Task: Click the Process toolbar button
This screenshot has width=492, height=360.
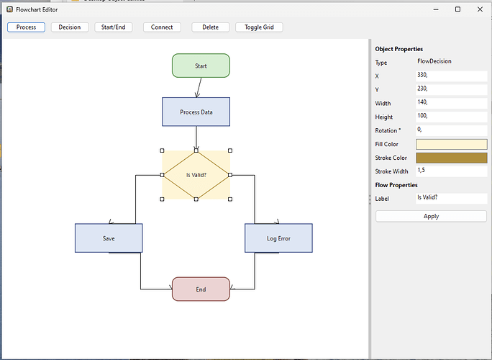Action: [x=27, y=27]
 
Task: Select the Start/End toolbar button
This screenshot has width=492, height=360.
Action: [x=116, y=27]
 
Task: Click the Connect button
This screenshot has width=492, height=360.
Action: [x=162, y=27]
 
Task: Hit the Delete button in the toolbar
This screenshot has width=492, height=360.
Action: [x=210, y=27]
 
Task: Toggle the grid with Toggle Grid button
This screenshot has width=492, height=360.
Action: [x=259, y=27]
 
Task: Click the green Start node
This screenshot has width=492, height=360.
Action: [x=201, y=66]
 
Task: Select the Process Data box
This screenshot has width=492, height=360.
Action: [x=196, y=112]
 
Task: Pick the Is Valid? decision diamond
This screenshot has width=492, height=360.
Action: [x=196, y=175]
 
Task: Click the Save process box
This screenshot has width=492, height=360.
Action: [x=109, y=238]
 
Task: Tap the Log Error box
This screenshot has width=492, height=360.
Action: [x=278, y=238]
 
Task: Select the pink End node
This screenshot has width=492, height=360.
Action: [x=201, y=289]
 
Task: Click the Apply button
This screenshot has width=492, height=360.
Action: [x=431, y=216]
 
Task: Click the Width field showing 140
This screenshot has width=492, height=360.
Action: [x=451, y=103]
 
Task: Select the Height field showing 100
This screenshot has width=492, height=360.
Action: [x=451, y=117]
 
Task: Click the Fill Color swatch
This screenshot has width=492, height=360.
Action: [x=451, y=144]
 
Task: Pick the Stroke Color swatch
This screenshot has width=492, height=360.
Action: [x=451, y=158]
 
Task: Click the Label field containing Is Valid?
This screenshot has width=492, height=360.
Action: [x=451, y=198]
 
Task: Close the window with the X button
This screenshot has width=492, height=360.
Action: [x=478, y=9]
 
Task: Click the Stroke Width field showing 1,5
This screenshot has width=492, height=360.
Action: [x=451, y=171]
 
